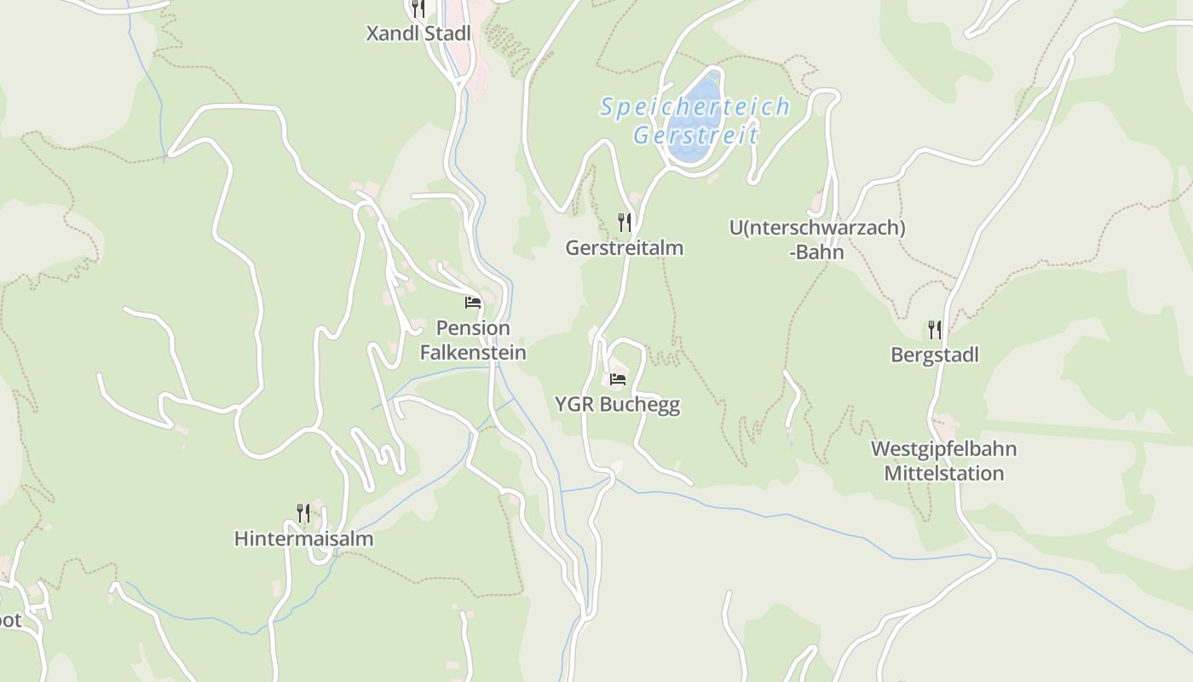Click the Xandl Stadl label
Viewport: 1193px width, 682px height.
coord(418,34)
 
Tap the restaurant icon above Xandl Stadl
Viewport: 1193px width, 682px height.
coord(418,9)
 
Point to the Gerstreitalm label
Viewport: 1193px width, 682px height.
coord(625,248)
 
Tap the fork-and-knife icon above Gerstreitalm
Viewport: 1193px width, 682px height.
coord(625,223)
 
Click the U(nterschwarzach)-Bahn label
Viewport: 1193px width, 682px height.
coord(817,240)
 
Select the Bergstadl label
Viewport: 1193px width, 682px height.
coord(935,355)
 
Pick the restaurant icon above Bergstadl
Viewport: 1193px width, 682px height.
coord(935,330)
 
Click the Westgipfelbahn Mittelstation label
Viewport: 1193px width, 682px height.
coord(943,460)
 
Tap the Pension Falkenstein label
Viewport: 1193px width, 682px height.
coord(473,339)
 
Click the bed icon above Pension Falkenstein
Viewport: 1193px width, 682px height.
coord(473,302)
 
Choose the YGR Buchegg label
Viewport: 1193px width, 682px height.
coord(618,404)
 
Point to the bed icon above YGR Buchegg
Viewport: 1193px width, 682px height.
coord(618,379)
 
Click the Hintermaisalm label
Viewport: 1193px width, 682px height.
coord(303,539)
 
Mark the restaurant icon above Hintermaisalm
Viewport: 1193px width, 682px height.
coord(303,512)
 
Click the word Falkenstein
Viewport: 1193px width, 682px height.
coord(473,352)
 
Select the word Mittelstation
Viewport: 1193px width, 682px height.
coord(943,473)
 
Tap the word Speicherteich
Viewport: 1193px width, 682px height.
coord(694,107)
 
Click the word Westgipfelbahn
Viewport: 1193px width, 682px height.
coord(943,448)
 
